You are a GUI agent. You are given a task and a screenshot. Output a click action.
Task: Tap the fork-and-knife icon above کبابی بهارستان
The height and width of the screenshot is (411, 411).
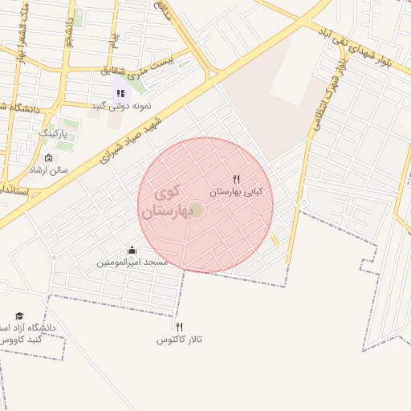point(236,180)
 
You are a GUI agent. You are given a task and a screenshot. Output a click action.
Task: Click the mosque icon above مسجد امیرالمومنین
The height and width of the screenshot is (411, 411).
point(132,250)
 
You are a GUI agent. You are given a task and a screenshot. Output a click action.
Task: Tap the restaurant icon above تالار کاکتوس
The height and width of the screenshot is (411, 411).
point(179,327)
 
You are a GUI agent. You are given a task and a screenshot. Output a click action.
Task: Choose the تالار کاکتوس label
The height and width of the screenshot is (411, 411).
point(179,340)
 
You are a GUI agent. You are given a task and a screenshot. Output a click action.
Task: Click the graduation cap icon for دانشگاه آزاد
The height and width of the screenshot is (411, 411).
point(19,316)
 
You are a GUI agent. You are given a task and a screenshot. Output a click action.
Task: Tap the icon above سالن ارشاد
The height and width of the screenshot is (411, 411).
point(48,157)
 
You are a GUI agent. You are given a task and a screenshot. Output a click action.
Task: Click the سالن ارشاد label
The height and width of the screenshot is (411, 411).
point(49,170)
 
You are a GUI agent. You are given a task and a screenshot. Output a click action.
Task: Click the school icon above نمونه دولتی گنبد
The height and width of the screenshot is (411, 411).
point(120,93)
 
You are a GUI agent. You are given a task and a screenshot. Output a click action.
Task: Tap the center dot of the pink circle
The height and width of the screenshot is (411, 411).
point(197,210)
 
